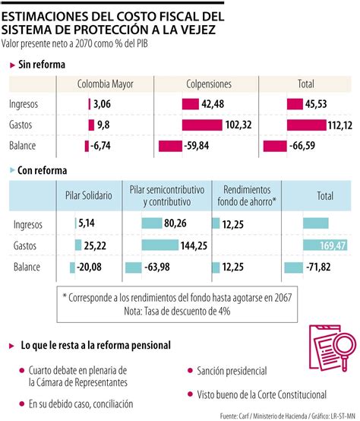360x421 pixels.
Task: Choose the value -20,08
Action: pyautogui.click(x=96, y=267)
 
